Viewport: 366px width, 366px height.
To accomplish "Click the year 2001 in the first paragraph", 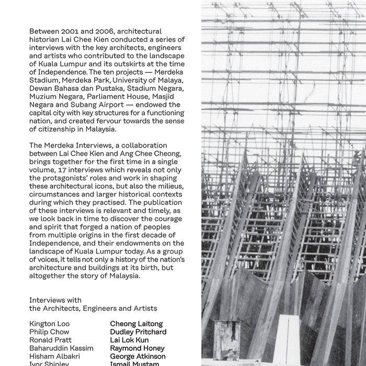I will click(x=72, y=32).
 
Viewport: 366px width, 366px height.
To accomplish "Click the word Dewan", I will click(x=41, y=88).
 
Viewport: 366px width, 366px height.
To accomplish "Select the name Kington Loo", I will click(x=50, y=324).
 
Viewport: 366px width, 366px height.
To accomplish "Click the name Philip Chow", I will click(x=49, y=332).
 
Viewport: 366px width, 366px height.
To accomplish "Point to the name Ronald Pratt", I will click(x=50, y=340).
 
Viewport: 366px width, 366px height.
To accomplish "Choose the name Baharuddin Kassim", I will click(x=61, y=348).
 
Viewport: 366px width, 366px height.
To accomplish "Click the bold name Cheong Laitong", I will click(x=136, y=324).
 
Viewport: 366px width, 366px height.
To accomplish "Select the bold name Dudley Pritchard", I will click(x=138, y=332).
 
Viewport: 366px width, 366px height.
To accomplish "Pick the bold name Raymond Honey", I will click(x=137, y=348).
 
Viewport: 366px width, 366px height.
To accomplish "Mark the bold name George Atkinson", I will click(x=138, y=357).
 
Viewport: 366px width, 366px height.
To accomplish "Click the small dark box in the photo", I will click(x=226, y=340).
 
